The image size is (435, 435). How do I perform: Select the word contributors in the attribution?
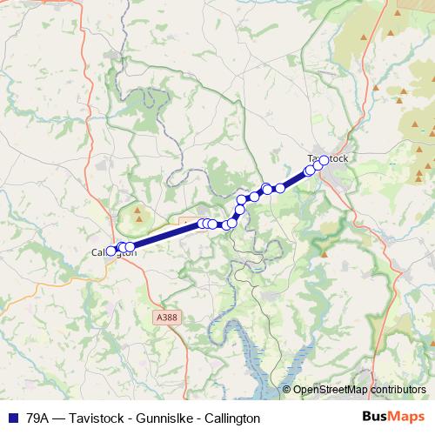(399, 391)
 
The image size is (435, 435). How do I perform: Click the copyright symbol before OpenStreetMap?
(287, 391)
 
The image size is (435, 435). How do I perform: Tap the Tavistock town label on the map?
(328, 158)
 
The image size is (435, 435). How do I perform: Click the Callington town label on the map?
(114, 253)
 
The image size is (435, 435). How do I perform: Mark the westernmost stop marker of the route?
(110, 251)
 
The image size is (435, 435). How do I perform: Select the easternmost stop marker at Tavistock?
(324, 160)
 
